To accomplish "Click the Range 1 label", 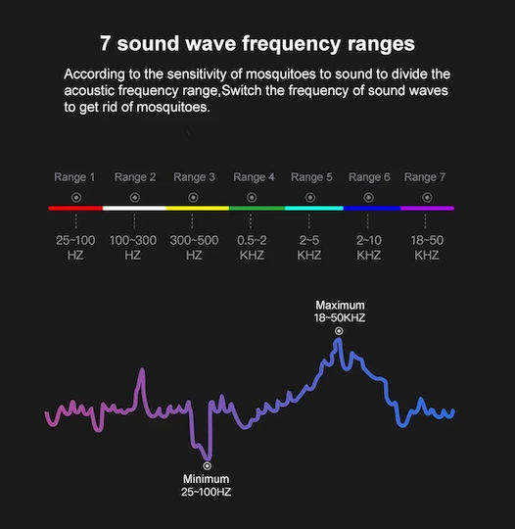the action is pyautogui.click(x=74, y=177).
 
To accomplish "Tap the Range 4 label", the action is pyautogui.click(x=254, y=177).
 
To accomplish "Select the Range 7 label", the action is pyautogui.click(x=425, y=177).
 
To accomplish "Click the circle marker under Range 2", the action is pyautogui.click(x=135, y=197).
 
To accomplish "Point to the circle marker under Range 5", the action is pyautogui.click(x=310, y=197).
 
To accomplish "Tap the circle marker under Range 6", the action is pyautogui.click(x=369, y=197).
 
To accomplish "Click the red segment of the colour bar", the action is pyautogui.click(x=75, y=208).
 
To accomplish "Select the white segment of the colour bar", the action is pyautogui.click(x=134, y=208).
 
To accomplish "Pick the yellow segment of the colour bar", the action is pyautogui.click(x=198, y=208).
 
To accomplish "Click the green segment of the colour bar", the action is pyautogui.click(x=257, y=208).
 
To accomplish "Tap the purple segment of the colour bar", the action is pyautogui.click(x=428, y=208).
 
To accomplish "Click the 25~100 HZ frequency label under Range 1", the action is pyautogui.click(x=75, y=248).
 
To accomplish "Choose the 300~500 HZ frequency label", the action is pyautogui.click(x=194, y=248).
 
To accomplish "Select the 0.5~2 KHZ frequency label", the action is pyautogui.click(x=252, y=248).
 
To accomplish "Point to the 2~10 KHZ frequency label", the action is pyautogui.click(x=369, y=248).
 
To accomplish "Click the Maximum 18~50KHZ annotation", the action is pyautogui.click(x=340, y=312).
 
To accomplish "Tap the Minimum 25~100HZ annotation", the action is pyautogui.click(x=206, y=486).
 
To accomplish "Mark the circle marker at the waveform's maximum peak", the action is pyautogui.click(x=339, y=331).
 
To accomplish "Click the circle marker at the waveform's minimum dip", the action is pyautogui.click(x=208, y=466).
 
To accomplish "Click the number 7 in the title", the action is pyautogui.click(x=105, y=43).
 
